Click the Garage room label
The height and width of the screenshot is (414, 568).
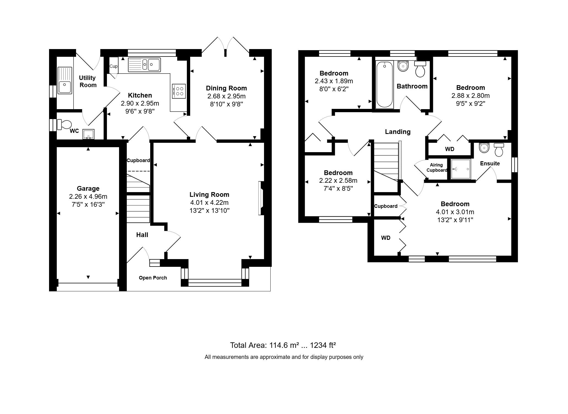pos(88,189)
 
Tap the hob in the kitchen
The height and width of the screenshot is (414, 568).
pos(179,91)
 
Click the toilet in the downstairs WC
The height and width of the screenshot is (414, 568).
pos(64,124)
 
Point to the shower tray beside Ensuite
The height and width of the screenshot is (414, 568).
pos(461,169)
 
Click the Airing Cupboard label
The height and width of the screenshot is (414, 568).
pos(437,168)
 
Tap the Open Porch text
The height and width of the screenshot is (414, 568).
pos(153,278)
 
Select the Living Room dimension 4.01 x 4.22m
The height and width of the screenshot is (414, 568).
pos(209,203)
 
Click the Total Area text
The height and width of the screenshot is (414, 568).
pos(283,345)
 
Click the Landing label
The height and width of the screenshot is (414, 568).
pos(397,132)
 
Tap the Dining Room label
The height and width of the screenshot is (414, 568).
pos(226,88)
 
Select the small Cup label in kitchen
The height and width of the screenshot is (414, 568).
pos(113,66)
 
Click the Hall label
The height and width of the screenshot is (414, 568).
pos(142,235)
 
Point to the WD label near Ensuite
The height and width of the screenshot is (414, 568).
pos(449,149)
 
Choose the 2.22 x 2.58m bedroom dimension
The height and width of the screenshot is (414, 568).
pos(338,181)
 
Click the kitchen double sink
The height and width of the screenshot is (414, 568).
pos(144,65)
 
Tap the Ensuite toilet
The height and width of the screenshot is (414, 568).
pos(499,150)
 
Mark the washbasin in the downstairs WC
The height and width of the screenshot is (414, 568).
pos(88,135)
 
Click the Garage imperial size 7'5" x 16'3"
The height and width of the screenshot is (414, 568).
pos(88,205)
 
